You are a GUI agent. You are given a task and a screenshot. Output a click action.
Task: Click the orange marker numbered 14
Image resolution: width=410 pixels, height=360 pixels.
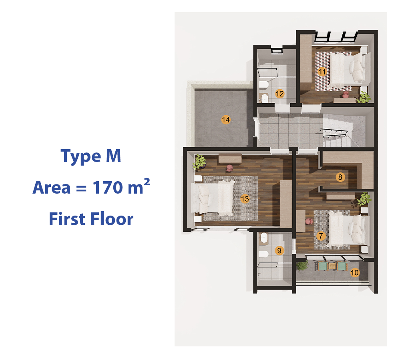[226, 120]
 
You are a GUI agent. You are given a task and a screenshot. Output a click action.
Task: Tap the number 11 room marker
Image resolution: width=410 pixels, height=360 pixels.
[322, 72]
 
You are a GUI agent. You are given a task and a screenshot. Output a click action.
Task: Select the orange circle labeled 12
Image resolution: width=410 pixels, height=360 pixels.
[279, 94]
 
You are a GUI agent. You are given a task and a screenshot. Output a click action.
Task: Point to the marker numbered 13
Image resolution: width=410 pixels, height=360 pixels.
[245, 199]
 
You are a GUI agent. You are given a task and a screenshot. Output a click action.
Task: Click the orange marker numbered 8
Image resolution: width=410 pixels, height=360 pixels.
[340, 177]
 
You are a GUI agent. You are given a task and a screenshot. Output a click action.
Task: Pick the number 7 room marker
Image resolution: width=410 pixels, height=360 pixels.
[321, 236]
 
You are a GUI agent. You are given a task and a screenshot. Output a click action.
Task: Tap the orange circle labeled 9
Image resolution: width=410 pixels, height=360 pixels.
[279, 250]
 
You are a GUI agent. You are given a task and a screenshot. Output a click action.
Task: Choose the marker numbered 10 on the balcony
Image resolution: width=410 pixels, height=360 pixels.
[355, 273]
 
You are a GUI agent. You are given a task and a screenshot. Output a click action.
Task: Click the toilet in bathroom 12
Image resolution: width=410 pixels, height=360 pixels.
[263, 85]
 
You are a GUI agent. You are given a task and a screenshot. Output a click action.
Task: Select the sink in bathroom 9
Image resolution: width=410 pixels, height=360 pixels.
[263, 238]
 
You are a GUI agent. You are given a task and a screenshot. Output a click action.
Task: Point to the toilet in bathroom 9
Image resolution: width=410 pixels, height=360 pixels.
[264, 254]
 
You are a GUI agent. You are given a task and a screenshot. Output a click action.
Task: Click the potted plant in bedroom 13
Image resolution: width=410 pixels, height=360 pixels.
[200, 162]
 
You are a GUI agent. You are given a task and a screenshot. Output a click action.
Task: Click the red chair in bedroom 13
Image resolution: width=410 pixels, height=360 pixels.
[229, 168]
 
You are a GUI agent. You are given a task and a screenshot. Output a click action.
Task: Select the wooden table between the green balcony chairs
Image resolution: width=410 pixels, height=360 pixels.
[332, 266]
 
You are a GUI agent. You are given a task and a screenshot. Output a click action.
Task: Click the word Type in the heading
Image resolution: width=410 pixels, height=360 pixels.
[81, 156]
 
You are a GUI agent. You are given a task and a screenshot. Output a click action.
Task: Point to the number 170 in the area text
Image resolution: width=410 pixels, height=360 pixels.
[107, 187]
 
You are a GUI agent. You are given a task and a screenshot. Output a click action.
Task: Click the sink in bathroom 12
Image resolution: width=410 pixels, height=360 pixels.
[264, 98]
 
